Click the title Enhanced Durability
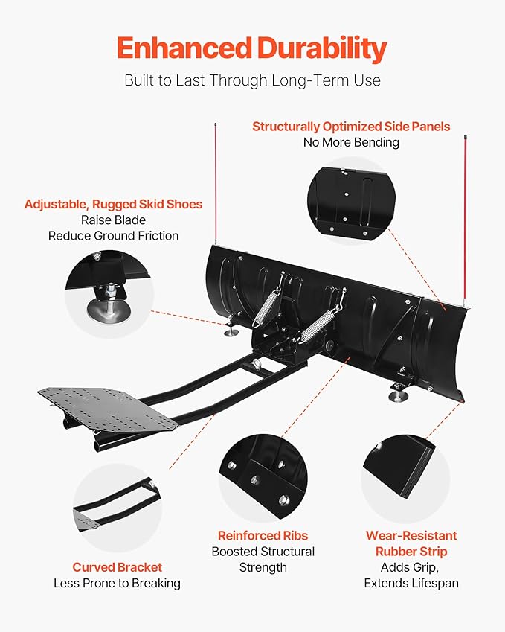[x=252, y=49]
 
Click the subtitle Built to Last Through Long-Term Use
[x=252, y=80]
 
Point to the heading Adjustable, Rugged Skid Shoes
[x=113, y=204]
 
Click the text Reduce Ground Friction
[x=113, y=236]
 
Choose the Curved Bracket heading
[x=117, y=567]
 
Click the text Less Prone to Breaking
[x=117, y=583]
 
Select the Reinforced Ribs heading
[x=263, y=535]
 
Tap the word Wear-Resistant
[x=411, y=535]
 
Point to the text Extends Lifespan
[x=411, y=583]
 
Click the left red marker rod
[x=216, y=186]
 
